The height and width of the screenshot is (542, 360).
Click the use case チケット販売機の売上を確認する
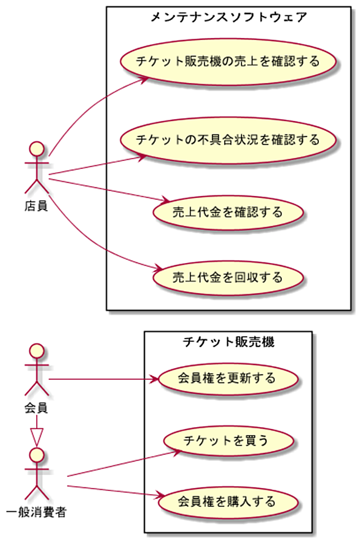point(228,62)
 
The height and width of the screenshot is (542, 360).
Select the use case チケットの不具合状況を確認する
point(228,140)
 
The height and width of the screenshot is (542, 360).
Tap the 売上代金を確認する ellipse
point(228,212)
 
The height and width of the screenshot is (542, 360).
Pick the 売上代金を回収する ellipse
point(228,278)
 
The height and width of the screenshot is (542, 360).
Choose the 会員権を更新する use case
point(228,378)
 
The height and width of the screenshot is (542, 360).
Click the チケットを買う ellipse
point(228,441)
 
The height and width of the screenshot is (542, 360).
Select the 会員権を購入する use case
point(228,502)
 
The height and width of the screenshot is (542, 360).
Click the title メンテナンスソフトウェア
point(229,17)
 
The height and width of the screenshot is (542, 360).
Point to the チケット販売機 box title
point(229,342)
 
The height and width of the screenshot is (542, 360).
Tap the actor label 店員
point(36,206)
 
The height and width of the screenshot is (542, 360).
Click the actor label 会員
point(36,408)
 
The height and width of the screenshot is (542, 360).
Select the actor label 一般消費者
point(36,513)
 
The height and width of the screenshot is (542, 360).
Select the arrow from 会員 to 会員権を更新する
point(103,380)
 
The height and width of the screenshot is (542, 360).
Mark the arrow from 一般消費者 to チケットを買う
point(124,463)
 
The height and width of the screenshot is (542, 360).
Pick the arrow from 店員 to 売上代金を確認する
point(109,190)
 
